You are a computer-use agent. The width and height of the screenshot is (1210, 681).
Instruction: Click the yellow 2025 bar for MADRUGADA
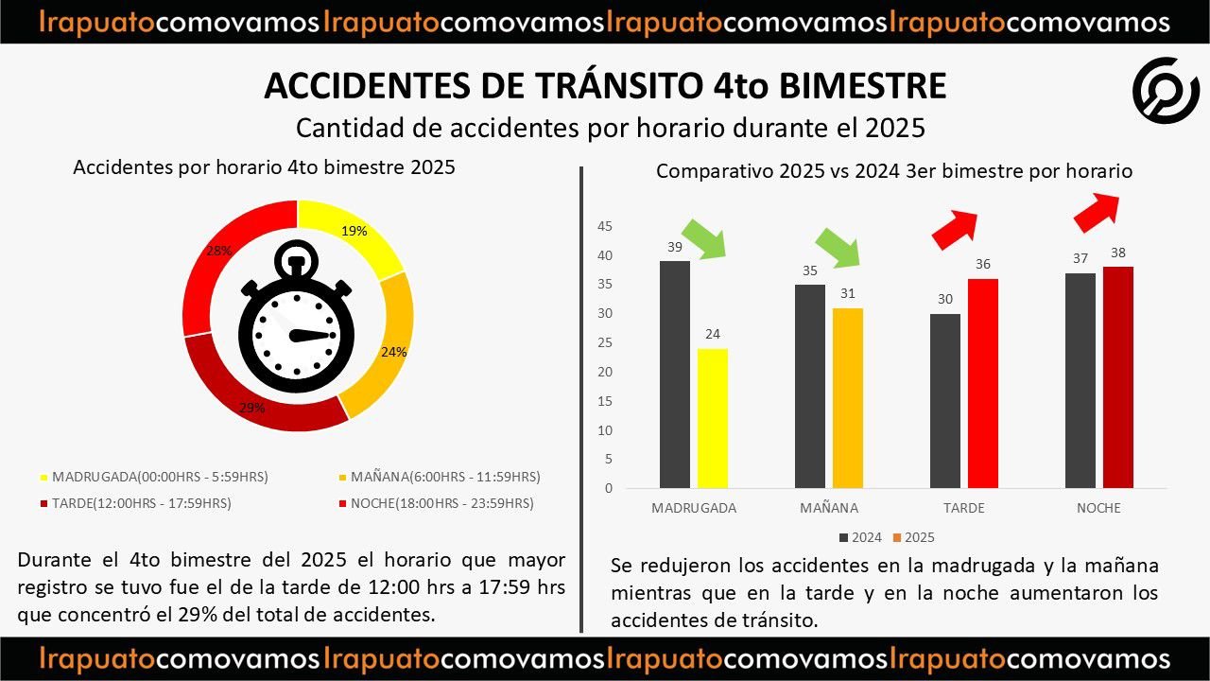click(x=713, y=418)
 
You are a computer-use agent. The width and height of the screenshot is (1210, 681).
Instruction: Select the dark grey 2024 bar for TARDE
click(x=944, y=401)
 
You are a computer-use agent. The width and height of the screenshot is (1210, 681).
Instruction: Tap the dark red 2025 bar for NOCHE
click(x=1117, y=377)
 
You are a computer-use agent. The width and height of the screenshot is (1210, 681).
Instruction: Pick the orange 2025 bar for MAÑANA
click(x=848, y=398)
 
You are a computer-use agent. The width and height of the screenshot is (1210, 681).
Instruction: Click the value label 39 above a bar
click(x=675, y=247)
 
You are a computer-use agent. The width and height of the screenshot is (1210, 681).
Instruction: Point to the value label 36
click(x=983, y=265)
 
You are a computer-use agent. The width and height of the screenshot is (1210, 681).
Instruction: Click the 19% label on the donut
click(x=354, y=231)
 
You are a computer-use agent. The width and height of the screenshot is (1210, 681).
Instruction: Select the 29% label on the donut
click(x=252, y=409)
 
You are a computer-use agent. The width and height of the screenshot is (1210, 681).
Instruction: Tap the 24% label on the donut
click(x=393, y=352)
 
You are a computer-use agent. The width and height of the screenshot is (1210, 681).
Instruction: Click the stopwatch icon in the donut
click(x=297, y=318)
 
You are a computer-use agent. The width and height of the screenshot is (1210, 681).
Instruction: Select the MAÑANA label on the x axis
click(x=829, y=508)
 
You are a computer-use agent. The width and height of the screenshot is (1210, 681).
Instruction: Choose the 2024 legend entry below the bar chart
click(x=860, y=537)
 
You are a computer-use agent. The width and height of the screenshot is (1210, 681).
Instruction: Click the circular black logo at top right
click(x=1166, y=91)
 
